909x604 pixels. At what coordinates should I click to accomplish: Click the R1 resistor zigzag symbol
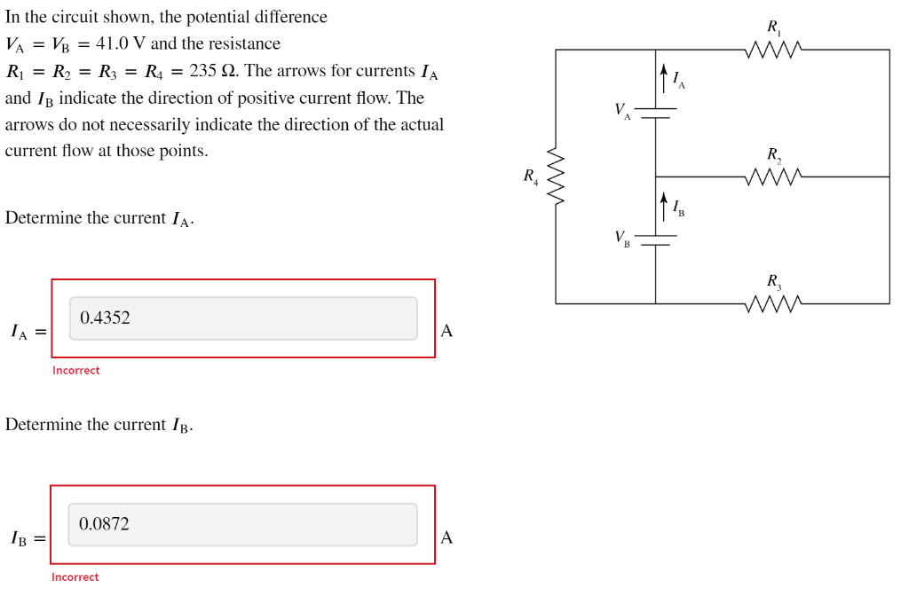(774, 49)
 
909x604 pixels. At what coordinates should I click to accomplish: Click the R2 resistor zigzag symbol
(774, 176)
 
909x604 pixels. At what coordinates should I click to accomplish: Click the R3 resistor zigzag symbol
(774, 303)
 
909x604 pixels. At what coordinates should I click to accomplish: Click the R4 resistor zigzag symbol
(557, 176)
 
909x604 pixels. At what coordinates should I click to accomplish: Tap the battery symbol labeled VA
(655, 113)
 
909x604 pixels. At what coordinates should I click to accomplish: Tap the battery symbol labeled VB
(655, 239)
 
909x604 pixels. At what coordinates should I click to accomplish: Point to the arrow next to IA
(663, 77)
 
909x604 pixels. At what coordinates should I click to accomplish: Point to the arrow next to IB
(663, 206)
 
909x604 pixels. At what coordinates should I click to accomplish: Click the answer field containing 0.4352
(243, 318)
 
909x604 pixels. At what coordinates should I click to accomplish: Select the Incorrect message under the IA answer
(76, 371)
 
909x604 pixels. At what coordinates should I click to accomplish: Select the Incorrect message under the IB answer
(75, 577)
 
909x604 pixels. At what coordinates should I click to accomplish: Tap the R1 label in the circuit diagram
(773, 27)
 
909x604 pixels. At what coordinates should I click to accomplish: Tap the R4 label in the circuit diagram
(530, 176)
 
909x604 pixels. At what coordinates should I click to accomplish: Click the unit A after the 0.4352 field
(447, 331)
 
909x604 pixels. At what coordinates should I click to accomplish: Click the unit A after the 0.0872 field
(447, 537)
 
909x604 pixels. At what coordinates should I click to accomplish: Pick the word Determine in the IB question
(43, 424)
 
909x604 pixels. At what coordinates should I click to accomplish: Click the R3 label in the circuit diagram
(774, 282)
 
